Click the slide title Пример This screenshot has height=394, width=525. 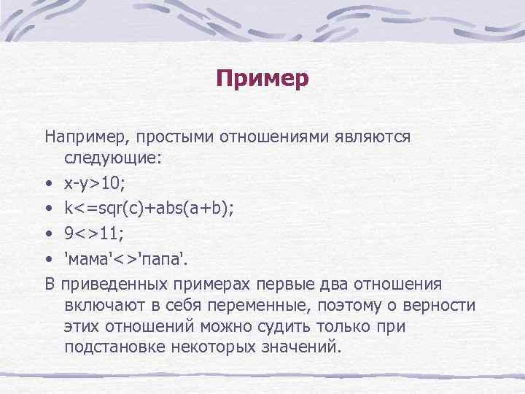[262, 77]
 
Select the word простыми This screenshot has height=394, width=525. [167, 137]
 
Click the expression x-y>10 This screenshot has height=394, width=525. [93, 181]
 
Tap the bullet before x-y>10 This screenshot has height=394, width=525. [47, 182]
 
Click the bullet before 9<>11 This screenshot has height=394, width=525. [47, 233]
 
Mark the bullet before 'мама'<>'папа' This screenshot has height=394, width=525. [47, 258]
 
